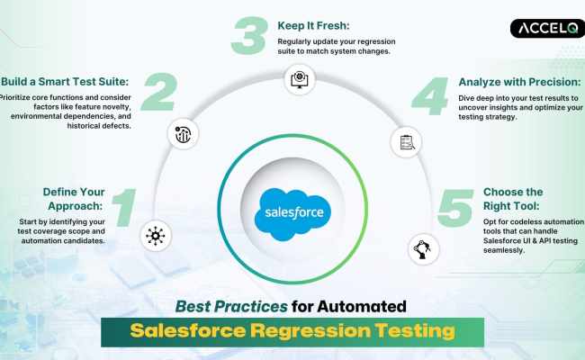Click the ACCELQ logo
(546, 29)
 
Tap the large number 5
(455, 209)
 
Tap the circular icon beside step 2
(180, 135)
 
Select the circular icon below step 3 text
(297, 81)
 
